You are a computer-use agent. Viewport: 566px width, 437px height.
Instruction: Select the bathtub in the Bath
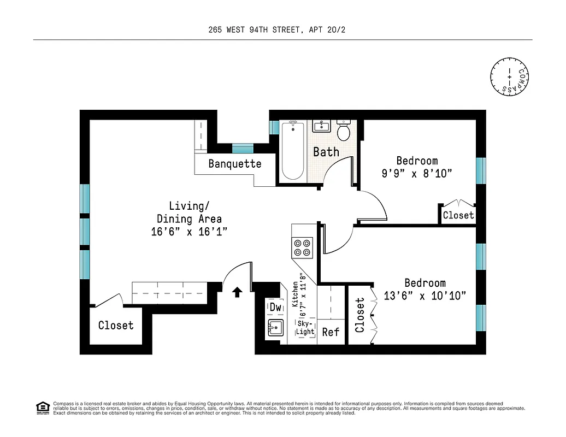[x=293, y=151]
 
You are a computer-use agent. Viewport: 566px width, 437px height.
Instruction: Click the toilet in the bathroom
[x=344, y=131]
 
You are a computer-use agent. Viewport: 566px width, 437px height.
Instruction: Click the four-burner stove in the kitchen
[x=303, y=247]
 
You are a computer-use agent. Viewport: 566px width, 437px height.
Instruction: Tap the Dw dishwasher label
[x=275, y=308]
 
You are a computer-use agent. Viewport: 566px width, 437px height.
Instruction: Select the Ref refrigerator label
[x=331, y=332]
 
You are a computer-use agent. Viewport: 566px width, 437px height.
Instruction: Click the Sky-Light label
[x=305, y=328]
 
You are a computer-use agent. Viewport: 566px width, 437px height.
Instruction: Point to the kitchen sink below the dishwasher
[x=275, y=329]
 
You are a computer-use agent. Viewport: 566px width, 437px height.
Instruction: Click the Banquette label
[x=235, y=164]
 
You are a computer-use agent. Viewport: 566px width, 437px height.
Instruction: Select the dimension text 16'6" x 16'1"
[x=189, y=232]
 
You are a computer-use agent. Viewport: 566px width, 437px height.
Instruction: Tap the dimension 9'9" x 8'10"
[x=417, y=174]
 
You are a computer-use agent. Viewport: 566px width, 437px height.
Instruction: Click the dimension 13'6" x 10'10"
[x=425, y=296]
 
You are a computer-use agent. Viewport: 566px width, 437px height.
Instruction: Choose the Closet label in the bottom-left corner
[x=116, y=326]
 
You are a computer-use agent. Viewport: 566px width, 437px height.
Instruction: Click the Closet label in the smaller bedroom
[x=458, y=215]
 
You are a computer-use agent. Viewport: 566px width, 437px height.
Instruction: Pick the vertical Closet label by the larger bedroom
[x=360, y=315]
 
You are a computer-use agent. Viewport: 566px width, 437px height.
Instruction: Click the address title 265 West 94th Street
[x=276, y=30]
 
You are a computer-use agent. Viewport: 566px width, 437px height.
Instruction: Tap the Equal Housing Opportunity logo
[x=43, y=408]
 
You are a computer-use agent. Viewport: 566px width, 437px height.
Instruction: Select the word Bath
[x=326, y=152]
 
